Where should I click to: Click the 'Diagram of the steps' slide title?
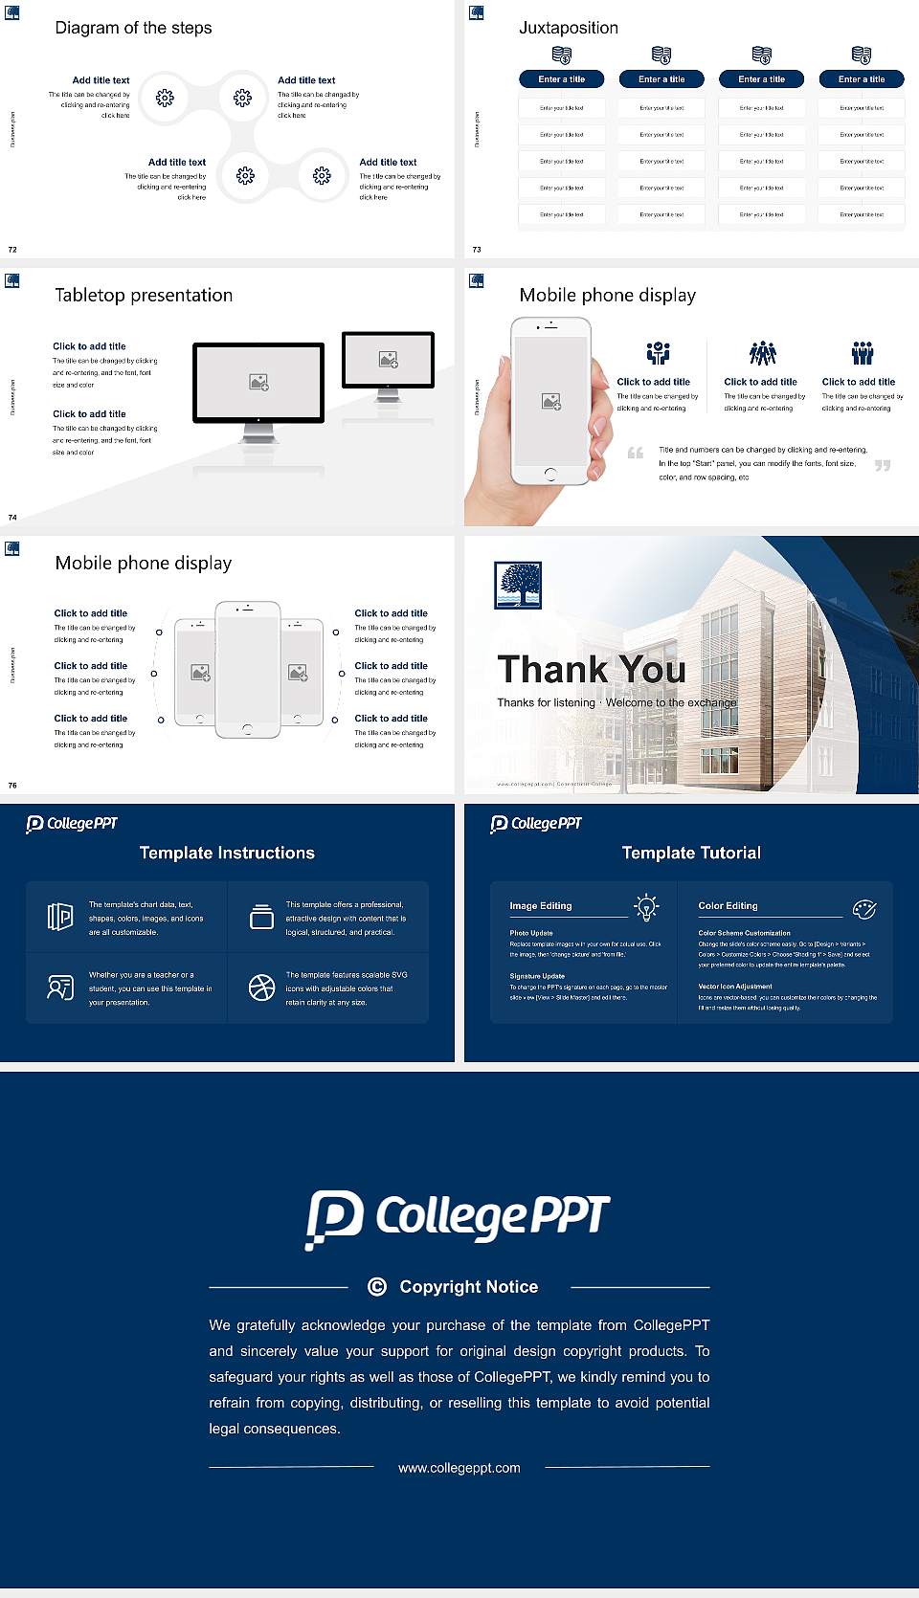pos(133,28)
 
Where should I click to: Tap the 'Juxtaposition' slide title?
pos(568,28)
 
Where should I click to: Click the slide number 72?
pos(12,249)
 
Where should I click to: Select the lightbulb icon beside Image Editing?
pos(646,907)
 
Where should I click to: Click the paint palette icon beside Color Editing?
pos(863,909)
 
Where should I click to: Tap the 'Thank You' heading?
pos(591,669)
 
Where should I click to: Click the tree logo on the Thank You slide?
pos(518,586)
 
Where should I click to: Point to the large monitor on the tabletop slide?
pos(258,383)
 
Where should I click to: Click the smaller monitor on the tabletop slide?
pos(388,360)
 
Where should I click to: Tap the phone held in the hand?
pos(549,400)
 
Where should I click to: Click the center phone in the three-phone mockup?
pos(247,670)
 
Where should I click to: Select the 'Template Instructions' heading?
pos(227,853)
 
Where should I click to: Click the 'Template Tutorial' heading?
pos(691,853)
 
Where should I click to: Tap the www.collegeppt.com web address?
pos(459,1468)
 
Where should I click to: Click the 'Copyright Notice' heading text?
pos(469,1287)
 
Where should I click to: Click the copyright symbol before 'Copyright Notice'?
pos(377,1287)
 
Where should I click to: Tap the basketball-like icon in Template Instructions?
pos(261,988)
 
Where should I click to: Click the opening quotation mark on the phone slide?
pos(636,453)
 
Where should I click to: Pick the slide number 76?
pos(12,785)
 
